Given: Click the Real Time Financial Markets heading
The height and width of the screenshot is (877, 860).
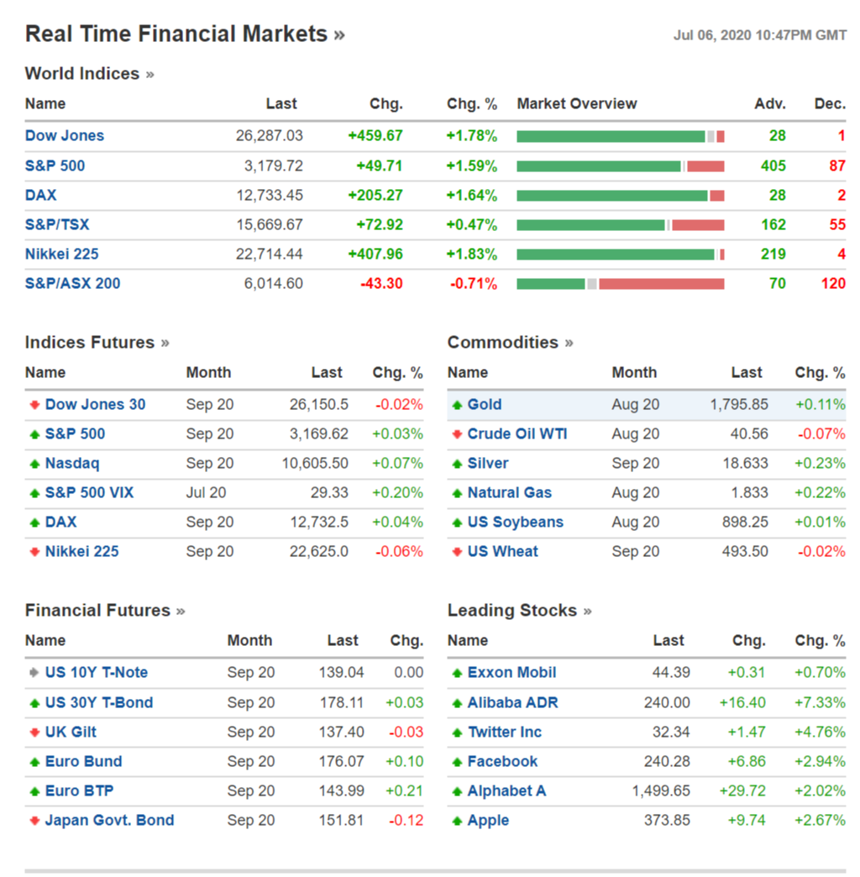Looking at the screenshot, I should (176, 34).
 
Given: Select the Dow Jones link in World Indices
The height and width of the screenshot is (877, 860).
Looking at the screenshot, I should (65, 135).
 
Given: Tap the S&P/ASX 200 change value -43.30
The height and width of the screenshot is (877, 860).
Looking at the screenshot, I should (381, 283).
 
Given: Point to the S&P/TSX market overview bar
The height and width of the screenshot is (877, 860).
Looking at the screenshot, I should (620, 224).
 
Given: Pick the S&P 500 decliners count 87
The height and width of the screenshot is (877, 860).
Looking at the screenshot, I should (836, 165).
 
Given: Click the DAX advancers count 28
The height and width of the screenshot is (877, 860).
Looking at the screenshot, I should (777, 195).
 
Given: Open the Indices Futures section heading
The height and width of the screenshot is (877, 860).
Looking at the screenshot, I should (90, 343).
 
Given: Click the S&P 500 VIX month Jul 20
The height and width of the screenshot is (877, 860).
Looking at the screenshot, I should (206, 492).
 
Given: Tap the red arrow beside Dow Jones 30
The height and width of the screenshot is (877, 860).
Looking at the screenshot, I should (34, 405).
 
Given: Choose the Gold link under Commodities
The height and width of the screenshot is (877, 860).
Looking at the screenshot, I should (485, 404).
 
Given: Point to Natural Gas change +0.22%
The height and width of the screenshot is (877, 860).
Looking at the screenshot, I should (821, 492).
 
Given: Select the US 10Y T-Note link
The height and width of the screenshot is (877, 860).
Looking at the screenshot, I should (96, 672).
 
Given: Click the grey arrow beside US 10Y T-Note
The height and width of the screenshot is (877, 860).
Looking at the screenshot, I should (34, 673).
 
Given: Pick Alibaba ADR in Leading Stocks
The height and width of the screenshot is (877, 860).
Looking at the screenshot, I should (512, 702).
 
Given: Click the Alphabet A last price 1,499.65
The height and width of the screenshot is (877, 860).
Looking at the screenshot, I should (661, 790).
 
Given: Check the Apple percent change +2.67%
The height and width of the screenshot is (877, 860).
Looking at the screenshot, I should (821, 820).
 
